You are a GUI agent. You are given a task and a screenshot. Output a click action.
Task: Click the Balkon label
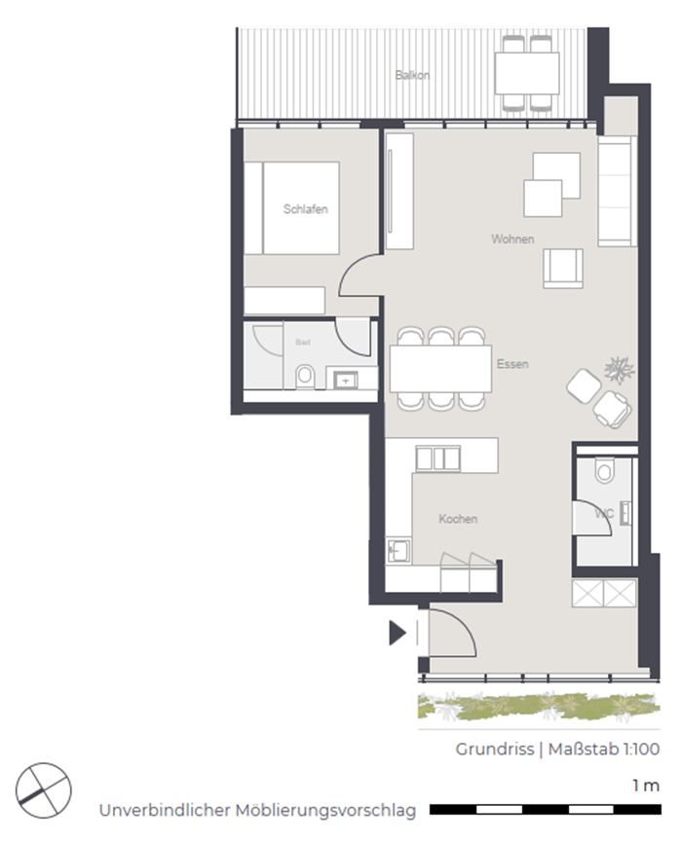point(412,75)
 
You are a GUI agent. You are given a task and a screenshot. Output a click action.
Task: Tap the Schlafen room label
point(305,209)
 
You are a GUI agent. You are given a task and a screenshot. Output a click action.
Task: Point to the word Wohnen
point(512,238)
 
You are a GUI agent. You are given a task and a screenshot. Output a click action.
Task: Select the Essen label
point(512,364)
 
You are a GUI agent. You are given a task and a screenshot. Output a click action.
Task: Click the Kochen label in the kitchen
point(458,519)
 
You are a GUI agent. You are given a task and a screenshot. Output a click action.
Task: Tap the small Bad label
point(303,342)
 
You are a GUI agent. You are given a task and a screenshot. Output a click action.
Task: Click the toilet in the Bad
point(305,377)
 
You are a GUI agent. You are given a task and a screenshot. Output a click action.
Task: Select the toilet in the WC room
point(605,470)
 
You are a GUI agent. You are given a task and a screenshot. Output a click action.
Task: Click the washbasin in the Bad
point(346,381)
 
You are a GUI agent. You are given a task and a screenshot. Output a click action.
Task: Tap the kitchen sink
point(398,551)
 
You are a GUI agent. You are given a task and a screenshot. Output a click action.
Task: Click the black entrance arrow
point(397,633)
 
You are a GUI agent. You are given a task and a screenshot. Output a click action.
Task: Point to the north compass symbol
point(44,789)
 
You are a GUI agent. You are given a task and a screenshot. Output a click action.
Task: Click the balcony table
point(527,73)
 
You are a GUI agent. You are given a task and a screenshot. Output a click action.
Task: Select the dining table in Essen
point(440,369)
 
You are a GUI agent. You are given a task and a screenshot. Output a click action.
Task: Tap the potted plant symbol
point(620,371)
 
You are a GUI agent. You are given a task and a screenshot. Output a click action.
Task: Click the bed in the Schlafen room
point(292,207)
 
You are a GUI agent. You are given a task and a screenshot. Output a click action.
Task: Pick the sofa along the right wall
point(617,191)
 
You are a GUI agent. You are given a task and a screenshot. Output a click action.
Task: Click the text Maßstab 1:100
point(604,750)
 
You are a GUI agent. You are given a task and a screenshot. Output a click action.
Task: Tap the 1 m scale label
point(646,786)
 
